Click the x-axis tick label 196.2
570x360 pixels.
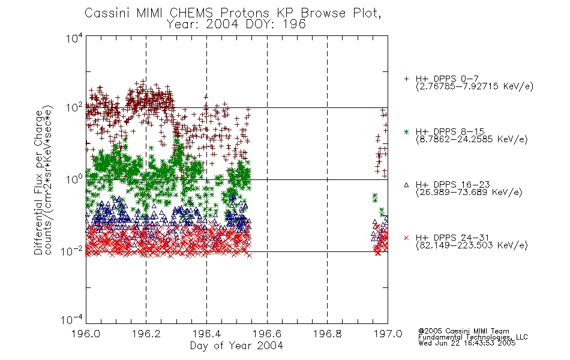[146, 334]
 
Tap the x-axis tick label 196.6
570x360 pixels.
[267, 334]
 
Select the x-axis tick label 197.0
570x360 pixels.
[388, 334]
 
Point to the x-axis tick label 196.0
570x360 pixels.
[86, 334]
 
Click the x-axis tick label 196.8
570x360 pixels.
[328, 334]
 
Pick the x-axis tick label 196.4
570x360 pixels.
[206, 334]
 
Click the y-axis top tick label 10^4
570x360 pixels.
[74, 38]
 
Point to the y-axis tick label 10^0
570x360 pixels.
[74, 179]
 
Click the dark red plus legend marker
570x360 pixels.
[406, 79]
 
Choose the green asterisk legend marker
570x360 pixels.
[406, 131]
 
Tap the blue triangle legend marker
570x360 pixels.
[406, 185]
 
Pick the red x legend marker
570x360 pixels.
[406, 238]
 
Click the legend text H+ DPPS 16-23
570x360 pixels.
[452, 185]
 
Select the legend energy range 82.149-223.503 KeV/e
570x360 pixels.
[472, 245]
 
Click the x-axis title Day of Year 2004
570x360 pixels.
[236, 346]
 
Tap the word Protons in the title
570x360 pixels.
[245, 13]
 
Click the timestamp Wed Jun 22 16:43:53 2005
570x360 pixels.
[467, 343]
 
